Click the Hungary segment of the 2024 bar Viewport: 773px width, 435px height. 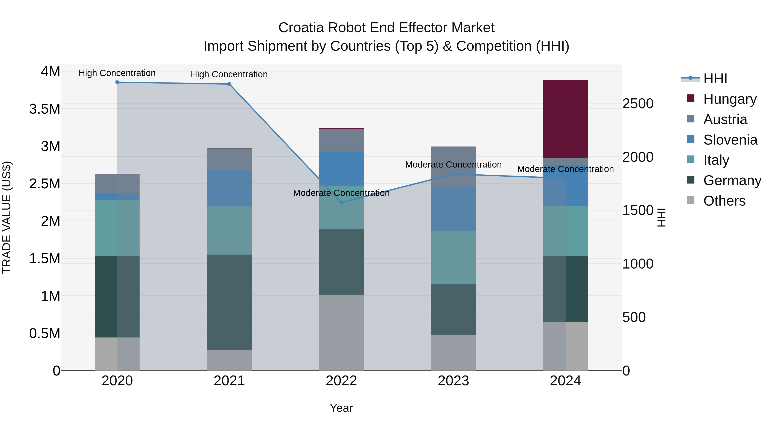pos(565,119)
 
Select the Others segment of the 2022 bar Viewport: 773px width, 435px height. pos(341,333)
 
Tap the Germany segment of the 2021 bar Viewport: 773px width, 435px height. pos(229,302)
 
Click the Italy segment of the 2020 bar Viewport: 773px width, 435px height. pos(117,228)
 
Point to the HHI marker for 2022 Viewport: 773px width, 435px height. pos(341,202)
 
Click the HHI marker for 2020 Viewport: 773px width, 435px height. pos(117,82)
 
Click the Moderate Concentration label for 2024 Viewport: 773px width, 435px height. pos(565,169)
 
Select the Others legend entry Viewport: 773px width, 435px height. pos(724,201)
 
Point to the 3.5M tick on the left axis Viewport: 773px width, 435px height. pos(44,109)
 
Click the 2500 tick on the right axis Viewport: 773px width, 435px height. pos(638,104)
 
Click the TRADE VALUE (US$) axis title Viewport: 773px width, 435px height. pos(7,217)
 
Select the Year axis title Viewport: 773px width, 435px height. pos(341,408)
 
